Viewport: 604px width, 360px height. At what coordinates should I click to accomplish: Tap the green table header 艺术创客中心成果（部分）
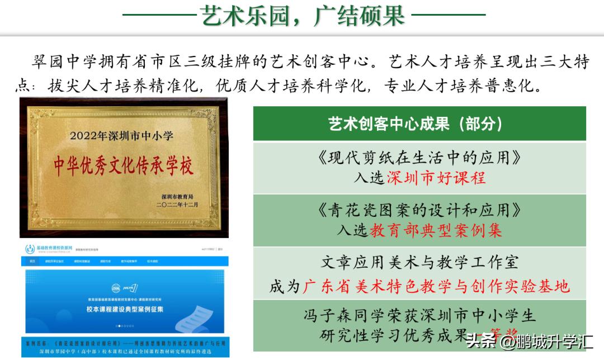[419, 124]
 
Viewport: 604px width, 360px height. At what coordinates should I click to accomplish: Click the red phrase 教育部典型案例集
[436, 230]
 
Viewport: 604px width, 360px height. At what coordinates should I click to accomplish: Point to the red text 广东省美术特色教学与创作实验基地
[436, 286]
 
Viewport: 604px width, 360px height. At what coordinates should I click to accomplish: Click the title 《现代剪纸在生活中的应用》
[419, 158]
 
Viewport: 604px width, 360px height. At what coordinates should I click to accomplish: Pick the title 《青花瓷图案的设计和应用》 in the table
[419, 210]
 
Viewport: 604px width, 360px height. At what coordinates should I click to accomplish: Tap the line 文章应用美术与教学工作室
[419, 262]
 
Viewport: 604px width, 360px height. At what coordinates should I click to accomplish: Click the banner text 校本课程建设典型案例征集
[117, 309]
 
